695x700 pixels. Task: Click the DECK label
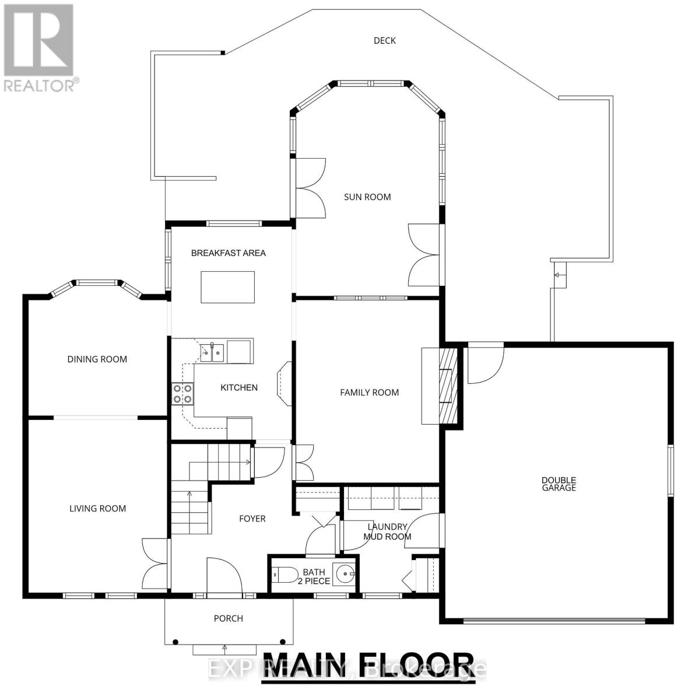pos(384,41)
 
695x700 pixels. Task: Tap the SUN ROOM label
pos(367,197)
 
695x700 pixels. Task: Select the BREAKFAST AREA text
pos(229,253)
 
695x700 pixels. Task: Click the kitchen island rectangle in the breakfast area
pos(228,287)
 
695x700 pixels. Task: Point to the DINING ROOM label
pos(97,359)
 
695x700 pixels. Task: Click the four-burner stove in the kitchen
pos(182,394)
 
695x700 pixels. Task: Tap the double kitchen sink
pos(212,352)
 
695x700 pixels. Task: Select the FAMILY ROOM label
pos(370,393)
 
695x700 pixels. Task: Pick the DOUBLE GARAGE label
pos(559,484)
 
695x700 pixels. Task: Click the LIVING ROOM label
pos(97,509)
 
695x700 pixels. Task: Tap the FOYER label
pos(252,519)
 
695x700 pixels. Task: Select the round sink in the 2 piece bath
pos(345,574)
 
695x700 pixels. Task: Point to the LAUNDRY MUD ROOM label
pos(387,532)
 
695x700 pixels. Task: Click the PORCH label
pos(229,618)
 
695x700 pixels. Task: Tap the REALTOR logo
pos(38,47)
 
